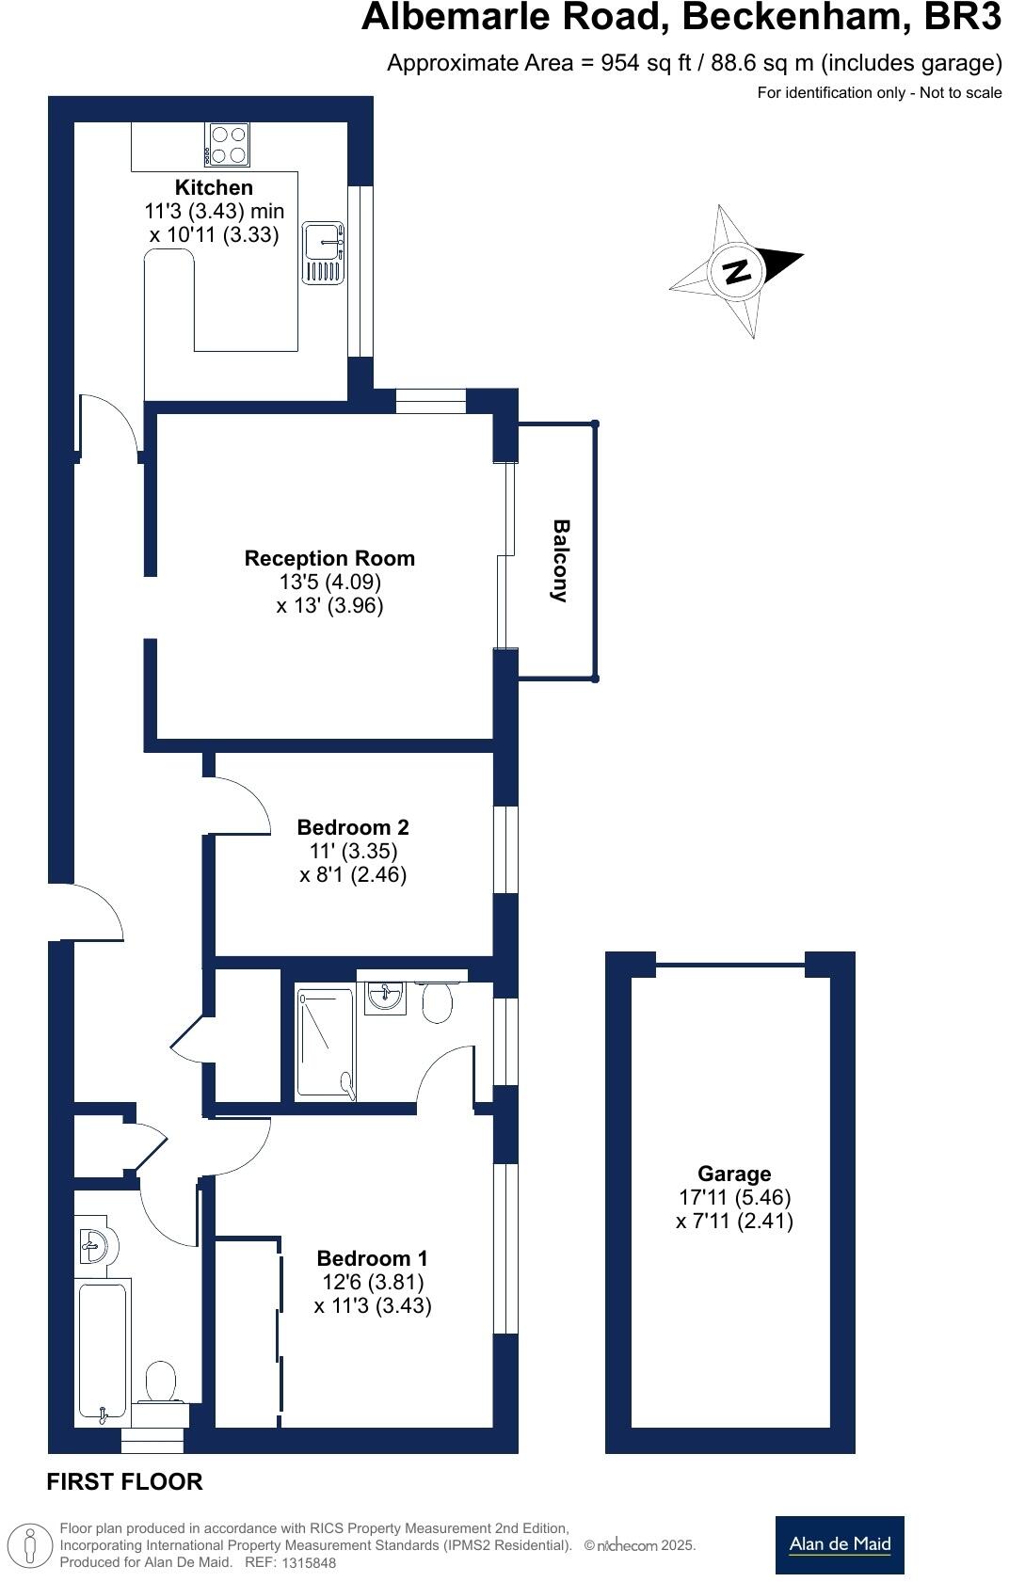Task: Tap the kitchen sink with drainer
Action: coord(324,253)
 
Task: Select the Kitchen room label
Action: coord(214,187)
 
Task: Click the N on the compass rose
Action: coord(736,271)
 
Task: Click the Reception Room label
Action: coord(329,558)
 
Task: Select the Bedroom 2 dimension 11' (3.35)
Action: coord(353,851)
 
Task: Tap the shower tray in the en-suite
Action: coord(326,1043)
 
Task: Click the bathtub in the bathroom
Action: coord(102,1351)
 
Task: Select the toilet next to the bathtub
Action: coord(161,1383)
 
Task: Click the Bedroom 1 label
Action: coord(372,1258)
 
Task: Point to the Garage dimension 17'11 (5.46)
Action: coord(734,1197)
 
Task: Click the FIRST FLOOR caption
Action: coord(124,1481)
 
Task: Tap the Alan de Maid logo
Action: coord(839,1544)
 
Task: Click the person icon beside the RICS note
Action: coord(30,1545)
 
